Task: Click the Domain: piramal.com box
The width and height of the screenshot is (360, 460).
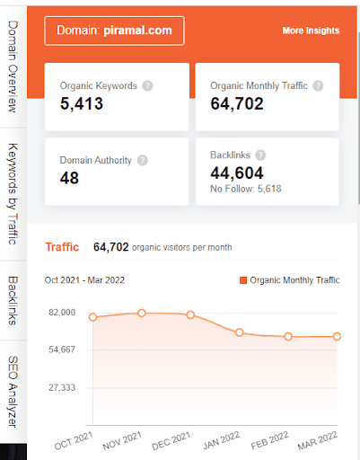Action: (114, 31)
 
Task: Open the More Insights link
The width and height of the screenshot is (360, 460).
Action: (311, 31)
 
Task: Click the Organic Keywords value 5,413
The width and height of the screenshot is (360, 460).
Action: (82, 104)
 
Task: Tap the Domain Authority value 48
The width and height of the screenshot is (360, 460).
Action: (69, 178)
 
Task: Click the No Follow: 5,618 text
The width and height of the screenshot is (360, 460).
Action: (245, 189)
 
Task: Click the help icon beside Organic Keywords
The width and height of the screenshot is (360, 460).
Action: (147, 86)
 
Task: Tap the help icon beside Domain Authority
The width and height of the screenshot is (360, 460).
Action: (142, 161)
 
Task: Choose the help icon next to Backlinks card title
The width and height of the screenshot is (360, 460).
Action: (260, 155)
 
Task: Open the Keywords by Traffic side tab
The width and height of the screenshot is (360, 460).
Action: (13, 192)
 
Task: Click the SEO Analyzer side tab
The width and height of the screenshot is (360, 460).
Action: (13, 391)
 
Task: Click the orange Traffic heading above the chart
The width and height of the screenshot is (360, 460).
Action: (62, 247)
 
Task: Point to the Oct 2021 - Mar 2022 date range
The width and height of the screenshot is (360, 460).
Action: (87, 280)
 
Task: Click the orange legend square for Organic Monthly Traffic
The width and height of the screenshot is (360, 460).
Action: (243, 280)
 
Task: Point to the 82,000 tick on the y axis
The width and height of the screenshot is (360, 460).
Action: (63, 312)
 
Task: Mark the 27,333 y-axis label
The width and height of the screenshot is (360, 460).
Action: (63, 387)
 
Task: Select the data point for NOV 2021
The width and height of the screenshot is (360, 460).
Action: (142, 313)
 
